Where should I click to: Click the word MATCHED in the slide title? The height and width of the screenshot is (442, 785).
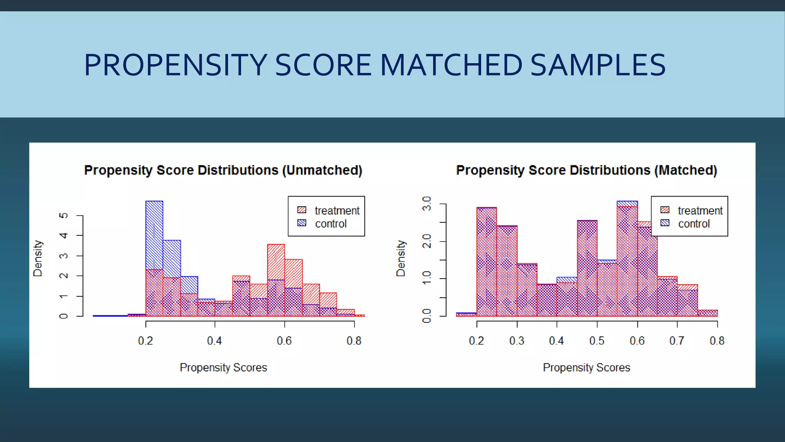[451, 65]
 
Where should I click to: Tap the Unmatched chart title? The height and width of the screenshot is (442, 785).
[223, 170]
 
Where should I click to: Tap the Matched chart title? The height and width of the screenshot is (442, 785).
[586, 170]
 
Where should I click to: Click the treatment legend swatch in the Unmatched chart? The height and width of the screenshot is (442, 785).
[302, 210]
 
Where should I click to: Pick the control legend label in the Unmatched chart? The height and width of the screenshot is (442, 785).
[331, 224]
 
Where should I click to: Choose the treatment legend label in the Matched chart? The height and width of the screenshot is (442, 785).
[700, 211]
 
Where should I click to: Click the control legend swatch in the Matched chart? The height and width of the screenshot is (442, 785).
[665, 223]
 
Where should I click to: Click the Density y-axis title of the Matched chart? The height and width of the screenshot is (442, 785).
[401, 258]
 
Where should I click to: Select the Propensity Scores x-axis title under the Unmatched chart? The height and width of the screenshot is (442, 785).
[223, 368]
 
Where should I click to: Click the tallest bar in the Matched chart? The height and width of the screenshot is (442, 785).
[627, 261]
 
